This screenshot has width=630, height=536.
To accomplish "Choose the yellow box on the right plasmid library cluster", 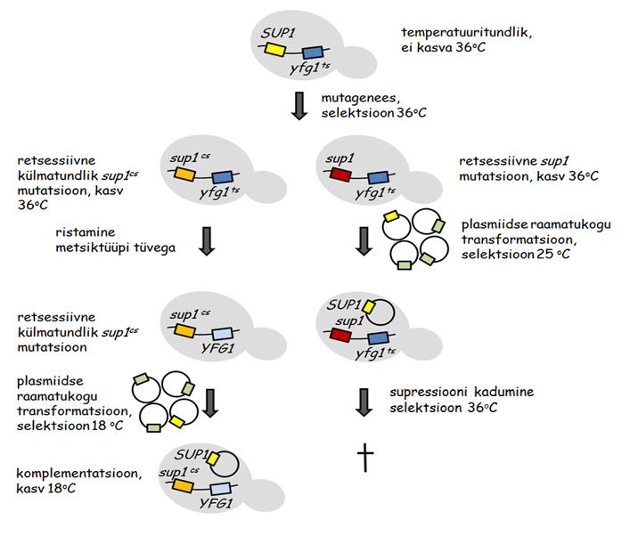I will (389, 216).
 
